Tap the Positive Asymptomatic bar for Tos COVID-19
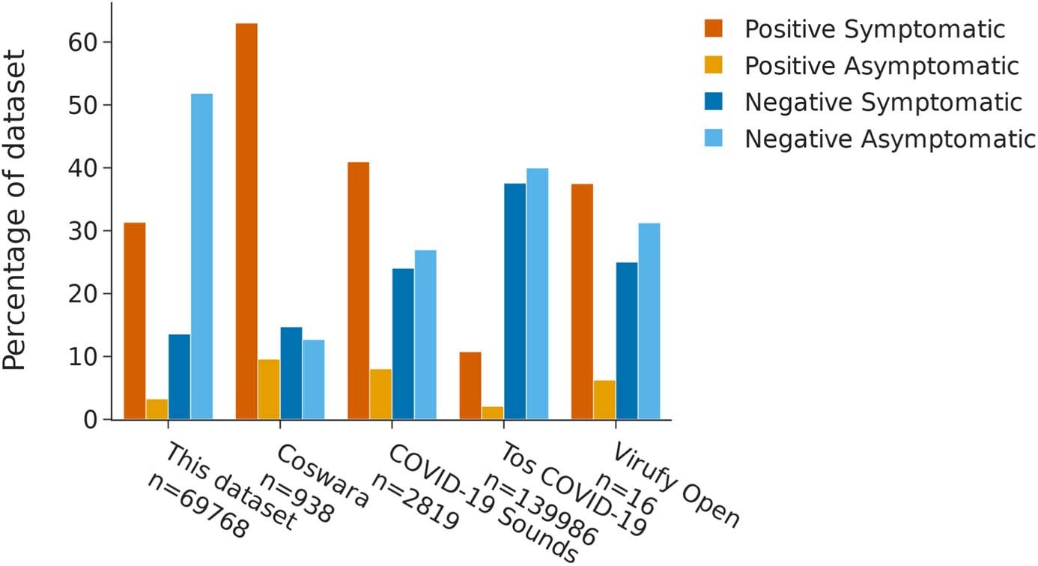pyautogui.click(x=492, y=413)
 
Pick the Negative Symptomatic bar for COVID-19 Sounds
pyautogui.click(x=403, y=344)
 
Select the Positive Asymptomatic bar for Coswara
pyautogui.click(x=269, y=389)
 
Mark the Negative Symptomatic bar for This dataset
pyautogui.click(x=179, y=376)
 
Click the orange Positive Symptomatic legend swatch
pyautogui.click(x=714, y=30)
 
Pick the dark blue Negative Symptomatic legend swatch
pyautogui.click(x=714, y=102)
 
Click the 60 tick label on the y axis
pyautogui.click(x=85, y=42)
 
